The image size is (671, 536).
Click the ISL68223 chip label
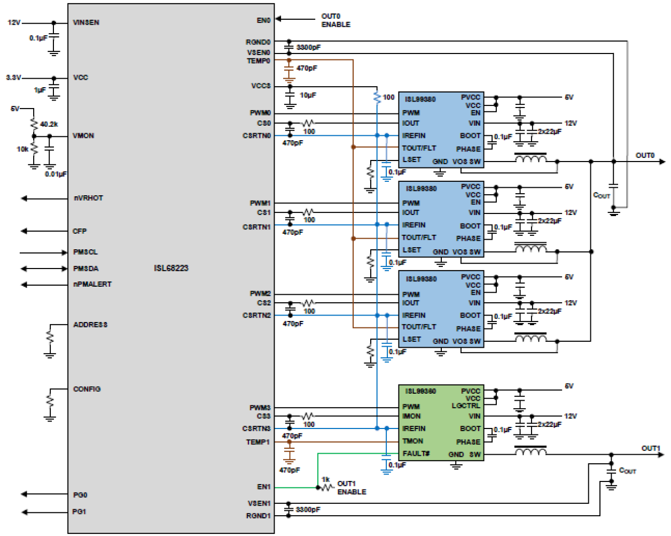click(x=171, y=268)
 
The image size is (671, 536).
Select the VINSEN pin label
click(x=86, y=22)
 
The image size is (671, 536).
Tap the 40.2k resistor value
click(x=49, y=124)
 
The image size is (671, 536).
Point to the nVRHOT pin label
click(x=88, y=198)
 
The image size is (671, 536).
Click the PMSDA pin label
click(x=86, y=269)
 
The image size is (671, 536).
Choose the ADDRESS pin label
click(x=90, y=325)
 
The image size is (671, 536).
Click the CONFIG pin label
click(x=87, y=389)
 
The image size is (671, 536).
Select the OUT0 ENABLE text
click(x=335, y=20)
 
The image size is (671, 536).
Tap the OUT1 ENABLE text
click(x=352, y=488)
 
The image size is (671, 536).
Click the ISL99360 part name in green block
click(x=420, y=391)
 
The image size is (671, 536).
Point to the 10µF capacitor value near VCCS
click(x=308, y=95)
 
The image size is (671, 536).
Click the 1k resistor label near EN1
click(x=325, y=479)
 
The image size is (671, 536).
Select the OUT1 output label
click(x=651, y=448)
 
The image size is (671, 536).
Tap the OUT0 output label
click(x=645, y=155)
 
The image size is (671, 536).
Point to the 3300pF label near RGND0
click(x=308, y=47)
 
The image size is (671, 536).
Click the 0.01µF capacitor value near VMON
click(x=56, y=174)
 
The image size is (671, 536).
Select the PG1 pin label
click(x=79, y=512)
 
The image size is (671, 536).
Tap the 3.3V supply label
click(x=13, y=78)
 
